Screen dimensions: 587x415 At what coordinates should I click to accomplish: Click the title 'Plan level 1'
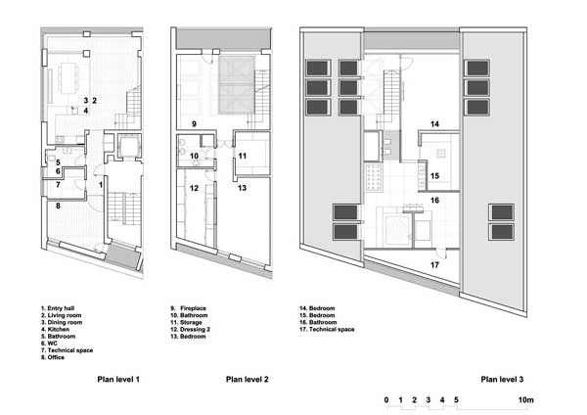point(118,380)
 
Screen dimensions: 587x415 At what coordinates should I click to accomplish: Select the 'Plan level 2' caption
point(248,380)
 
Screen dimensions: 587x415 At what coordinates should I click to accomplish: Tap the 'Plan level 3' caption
point(502,380)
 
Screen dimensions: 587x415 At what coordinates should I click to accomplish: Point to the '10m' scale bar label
point(526,399)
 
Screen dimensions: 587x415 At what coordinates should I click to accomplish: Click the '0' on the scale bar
point(386,399)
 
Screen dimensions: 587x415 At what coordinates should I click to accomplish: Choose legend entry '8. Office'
point(53,357)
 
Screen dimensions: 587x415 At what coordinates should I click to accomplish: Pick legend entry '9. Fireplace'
point(188,308)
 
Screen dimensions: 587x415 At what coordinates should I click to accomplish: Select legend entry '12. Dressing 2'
point(190,329)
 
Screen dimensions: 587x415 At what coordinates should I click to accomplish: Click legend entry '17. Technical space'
point(327,329)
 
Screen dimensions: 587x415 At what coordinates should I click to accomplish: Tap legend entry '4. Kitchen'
point(56,329)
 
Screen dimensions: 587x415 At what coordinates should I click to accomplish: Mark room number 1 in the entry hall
point(101,185)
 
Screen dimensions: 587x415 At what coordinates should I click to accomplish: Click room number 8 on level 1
point(58,206)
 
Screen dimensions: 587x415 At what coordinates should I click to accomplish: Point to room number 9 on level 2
point(194,124)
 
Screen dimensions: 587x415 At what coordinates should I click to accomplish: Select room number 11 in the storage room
point(243,156)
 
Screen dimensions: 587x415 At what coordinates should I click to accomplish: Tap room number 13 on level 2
point(243,188)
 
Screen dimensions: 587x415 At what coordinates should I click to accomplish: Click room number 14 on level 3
point(434,124)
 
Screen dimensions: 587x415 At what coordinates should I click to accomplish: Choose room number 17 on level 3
point(434,265)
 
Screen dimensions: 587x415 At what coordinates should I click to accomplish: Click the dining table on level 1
point(68,78)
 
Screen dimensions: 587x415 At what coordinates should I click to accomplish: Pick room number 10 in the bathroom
point(194,156)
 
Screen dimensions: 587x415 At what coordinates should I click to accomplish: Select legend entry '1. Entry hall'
point(58,308)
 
